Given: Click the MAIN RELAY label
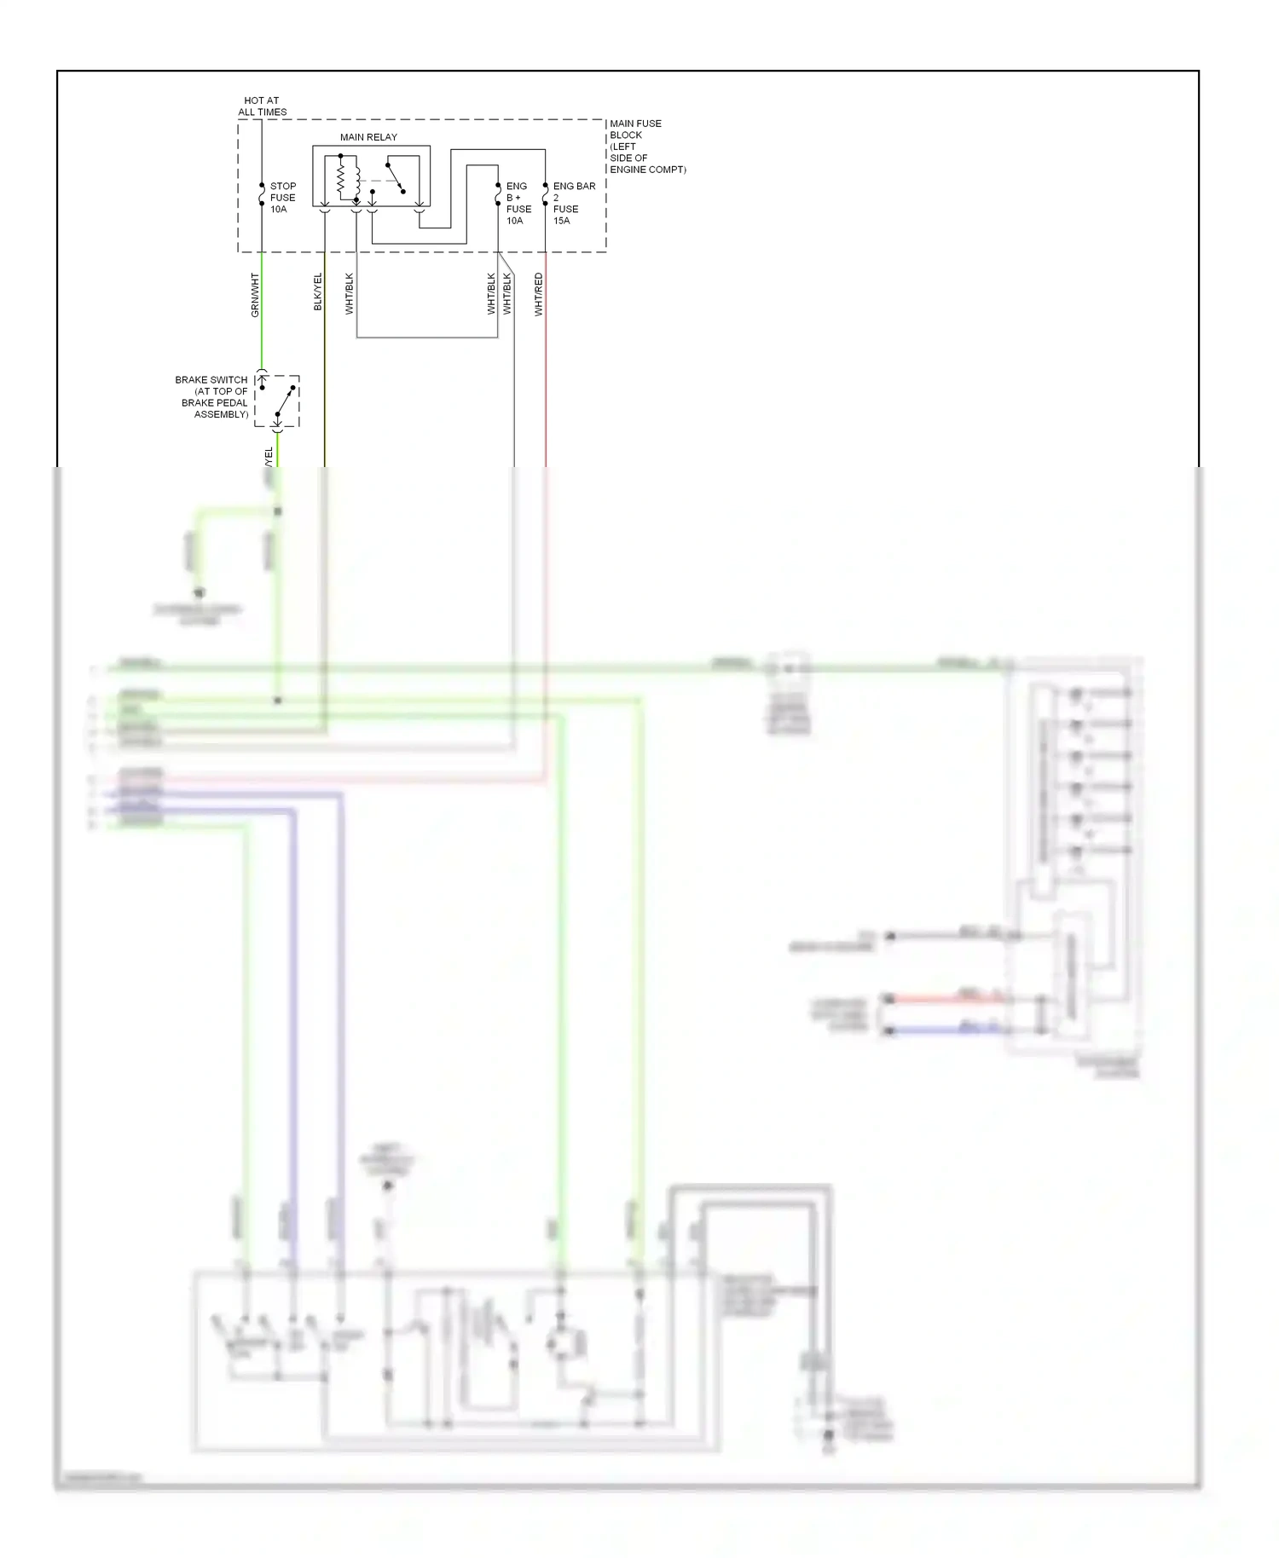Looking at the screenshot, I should (368, 137).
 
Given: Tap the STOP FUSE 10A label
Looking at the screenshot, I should (282, 198).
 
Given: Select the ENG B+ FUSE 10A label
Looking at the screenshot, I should (518, 204).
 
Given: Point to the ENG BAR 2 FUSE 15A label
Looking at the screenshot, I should (573, 204).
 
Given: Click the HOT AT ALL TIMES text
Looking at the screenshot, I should (262, 107).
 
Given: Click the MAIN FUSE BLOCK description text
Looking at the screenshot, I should (646, 147).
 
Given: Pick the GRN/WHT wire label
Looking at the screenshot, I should (255, 295).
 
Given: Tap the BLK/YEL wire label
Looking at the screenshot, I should (318, 291).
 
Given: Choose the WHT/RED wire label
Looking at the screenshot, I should (538, 294).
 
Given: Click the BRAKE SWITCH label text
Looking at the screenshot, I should (213, 397).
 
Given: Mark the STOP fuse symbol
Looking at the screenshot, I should (262, 194).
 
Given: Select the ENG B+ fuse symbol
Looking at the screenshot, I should (498, 194).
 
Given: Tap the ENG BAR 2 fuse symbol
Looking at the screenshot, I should (546, 194).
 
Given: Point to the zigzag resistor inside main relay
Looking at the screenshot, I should (341, 178).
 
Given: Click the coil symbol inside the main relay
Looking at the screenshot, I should (356, 178).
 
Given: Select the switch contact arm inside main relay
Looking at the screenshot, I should (395, 177).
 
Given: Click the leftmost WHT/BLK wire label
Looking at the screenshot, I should (349, 293).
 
